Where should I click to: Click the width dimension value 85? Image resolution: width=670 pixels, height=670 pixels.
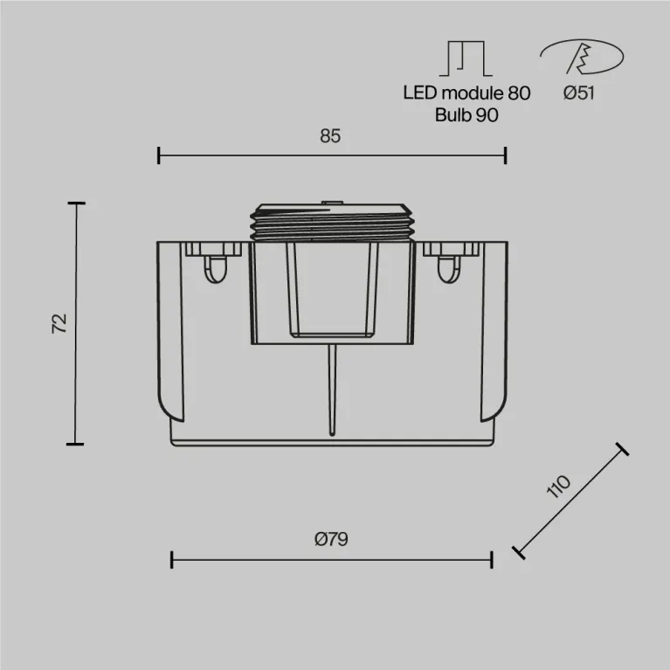click(329, 135)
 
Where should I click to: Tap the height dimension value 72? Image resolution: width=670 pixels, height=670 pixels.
click(59, 323)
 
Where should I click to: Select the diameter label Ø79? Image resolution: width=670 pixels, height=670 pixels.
click(331, 539)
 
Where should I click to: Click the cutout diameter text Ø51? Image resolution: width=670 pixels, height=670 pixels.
click(578, 93)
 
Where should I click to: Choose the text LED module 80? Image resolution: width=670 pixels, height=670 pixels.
click(466, 93)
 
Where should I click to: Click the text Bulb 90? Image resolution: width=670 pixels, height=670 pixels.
click(466, 115)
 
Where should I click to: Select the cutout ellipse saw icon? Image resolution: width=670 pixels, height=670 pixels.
click(581, 58)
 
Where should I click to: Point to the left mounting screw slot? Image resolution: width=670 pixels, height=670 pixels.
click(213, 266)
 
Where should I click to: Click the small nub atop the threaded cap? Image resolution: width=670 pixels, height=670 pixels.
click(331, 204)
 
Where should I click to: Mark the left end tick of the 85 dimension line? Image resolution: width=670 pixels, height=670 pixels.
click(158, 155)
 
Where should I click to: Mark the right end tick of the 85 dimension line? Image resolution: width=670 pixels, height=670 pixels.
click(505, 155)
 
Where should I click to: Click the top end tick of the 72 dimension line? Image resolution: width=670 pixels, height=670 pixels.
click(76, 203)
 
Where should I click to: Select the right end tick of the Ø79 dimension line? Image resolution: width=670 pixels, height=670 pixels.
click(492, 559)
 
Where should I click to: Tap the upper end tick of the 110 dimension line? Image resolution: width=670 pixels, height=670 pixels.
click(622, 449)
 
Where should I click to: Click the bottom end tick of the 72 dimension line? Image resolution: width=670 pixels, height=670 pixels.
click(76, 444)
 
